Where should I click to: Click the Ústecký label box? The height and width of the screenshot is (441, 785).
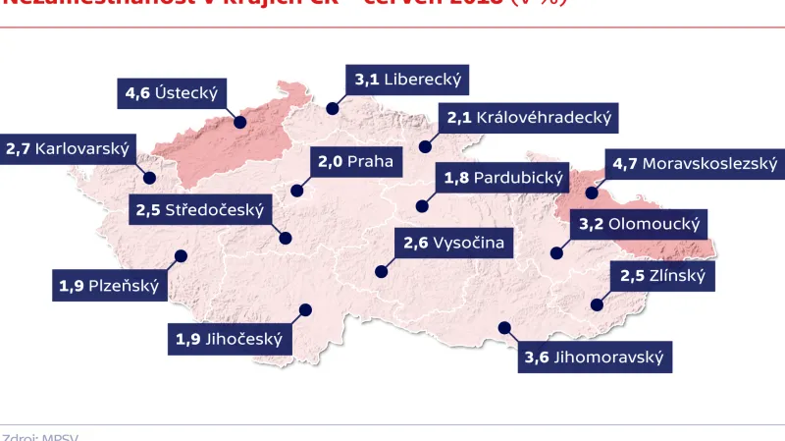[172, 95]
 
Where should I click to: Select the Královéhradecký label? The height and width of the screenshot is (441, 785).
[529, 118]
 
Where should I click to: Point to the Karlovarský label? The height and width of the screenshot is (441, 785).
[68, 150]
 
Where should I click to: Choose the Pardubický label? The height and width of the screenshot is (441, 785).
[501, 179]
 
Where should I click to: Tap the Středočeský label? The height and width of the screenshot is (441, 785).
[202, 210]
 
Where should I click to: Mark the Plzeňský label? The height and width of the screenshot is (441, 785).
[108, 287]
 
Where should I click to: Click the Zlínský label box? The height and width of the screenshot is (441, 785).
[662, 276]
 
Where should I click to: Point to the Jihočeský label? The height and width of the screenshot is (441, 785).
[230, 340]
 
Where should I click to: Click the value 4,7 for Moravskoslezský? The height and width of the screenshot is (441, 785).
[624, 163]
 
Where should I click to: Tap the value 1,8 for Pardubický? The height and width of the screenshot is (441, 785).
[456, 179]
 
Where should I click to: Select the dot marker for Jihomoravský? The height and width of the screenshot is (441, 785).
[503, 328]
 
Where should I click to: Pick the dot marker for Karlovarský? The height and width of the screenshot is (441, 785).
[151, 177]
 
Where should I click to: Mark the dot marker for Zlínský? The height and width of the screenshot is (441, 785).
[595, 304]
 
